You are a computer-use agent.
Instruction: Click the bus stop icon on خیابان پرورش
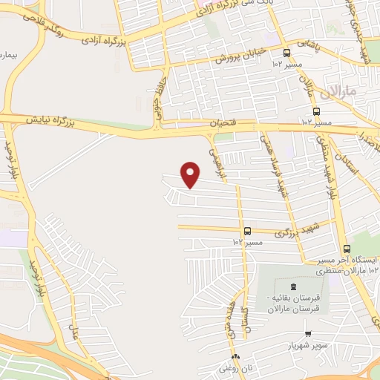[287, 52]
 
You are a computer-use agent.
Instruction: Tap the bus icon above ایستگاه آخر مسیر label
[347, 249]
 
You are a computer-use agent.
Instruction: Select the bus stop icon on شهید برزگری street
[247, 231]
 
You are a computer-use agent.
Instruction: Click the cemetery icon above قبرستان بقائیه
[292, 286]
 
